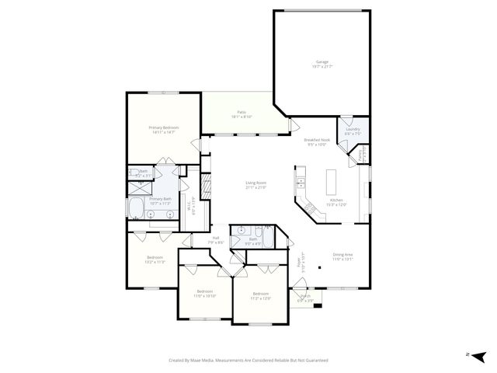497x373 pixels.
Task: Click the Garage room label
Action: (321, 62)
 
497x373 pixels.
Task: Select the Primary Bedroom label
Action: (164, 129)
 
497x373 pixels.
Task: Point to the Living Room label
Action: (256, 184)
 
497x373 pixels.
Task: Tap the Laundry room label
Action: (353, 131)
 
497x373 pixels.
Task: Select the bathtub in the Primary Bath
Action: (137, 209)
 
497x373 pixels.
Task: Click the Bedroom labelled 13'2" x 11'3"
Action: (155, 259)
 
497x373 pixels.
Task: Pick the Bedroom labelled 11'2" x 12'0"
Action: (261, 296)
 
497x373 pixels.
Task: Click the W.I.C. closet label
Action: (190, 207)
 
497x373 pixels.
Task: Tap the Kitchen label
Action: (335, 201)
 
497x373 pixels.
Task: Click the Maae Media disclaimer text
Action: (248, 360)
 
